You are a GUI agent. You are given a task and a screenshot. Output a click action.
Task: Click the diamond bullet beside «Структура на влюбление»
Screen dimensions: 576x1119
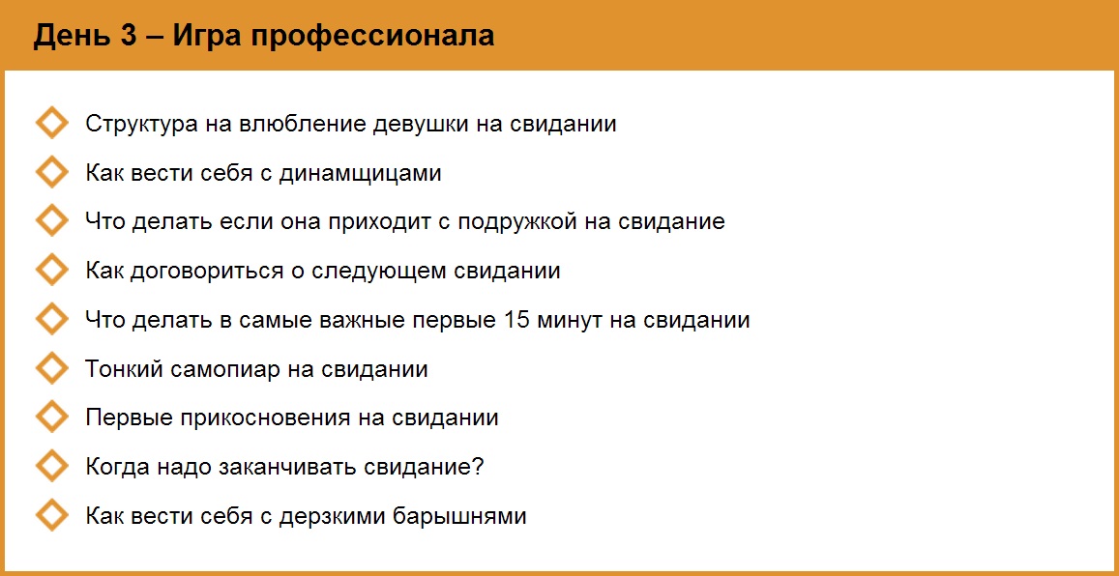click(x=51, y=124)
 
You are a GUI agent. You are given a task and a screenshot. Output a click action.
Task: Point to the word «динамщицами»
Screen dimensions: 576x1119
click(x=360, y=174)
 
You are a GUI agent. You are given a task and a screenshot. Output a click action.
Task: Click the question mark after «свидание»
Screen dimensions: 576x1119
click(x=477, y=467)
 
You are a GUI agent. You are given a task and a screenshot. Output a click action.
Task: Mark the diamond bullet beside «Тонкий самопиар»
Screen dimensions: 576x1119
click(x=51, y=368)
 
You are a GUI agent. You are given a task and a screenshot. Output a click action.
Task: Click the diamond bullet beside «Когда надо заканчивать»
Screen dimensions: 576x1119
click(x=51, y=466)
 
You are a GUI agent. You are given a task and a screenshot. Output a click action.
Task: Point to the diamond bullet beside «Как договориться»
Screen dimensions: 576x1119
click(x=51, y=271)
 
